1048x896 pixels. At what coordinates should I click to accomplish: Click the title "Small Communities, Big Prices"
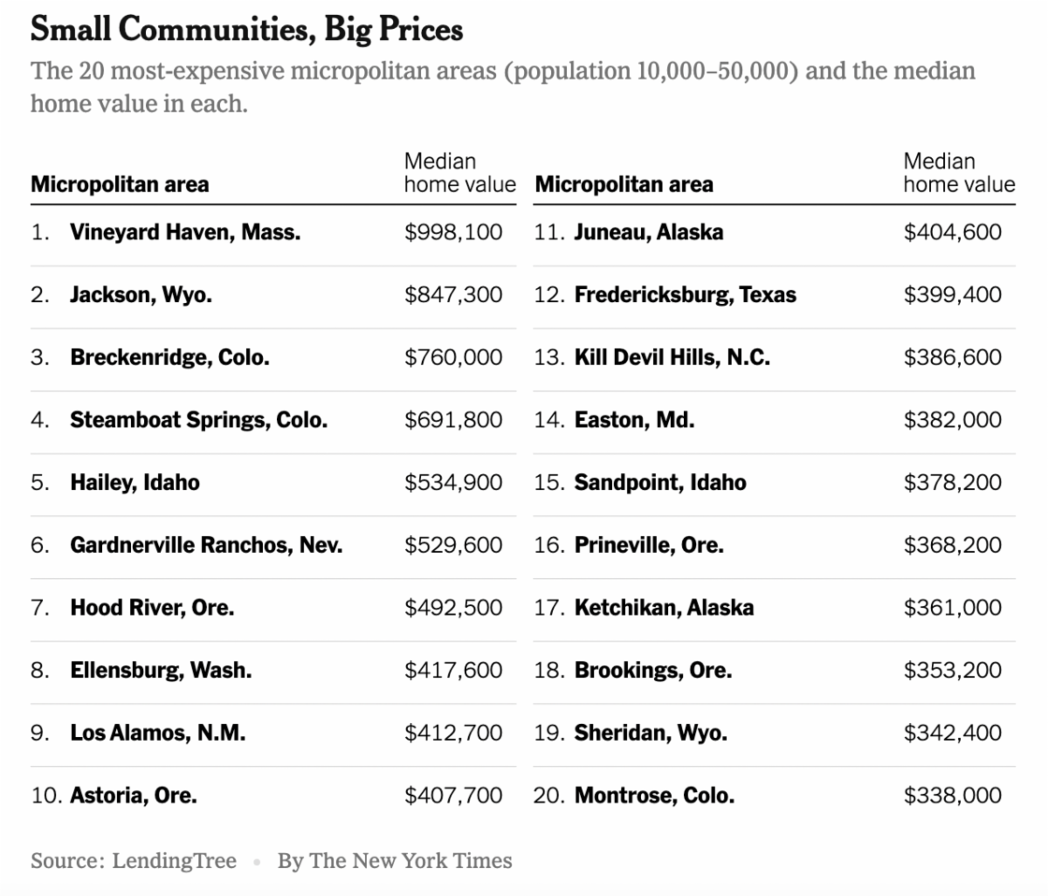click(246, 30)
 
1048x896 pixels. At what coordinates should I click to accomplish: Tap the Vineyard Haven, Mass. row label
click(185, 232)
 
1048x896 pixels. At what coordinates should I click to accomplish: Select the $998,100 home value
click(453, 232)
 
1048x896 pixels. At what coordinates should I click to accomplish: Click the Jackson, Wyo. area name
click(141, 295)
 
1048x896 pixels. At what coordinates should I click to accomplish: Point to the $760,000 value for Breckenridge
click(453, 358)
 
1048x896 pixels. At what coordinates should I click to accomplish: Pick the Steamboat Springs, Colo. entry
click(198, 420)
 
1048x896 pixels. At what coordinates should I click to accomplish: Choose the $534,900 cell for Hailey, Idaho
click(453, 483)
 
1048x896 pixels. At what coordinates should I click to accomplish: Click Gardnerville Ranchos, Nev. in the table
click(206, 546)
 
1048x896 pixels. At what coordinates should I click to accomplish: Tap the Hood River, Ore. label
click(152, 608)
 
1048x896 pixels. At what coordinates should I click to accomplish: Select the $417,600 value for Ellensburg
click(453, 671)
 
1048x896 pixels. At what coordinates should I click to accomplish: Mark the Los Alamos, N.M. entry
click(157, 734)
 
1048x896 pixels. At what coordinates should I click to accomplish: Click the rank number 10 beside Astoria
click(45, 796)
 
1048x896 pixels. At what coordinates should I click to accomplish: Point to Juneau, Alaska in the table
click(648, 232)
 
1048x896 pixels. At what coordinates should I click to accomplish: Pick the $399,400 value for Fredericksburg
click(952, 295)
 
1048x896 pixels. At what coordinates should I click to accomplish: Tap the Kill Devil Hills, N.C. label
click(672, 358)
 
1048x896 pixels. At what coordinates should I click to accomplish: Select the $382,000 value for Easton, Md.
click(952, 420)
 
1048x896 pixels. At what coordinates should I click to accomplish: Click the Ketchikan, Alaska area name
click(664, 608)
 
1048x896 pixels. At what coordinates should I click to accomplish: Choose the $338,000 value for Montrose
click(952, 796)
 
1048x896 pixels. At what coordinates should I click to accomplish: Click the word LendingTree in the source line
click(174, 861)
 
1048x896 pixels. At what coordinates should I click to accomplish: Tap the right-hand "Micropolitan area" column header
click(624, 184)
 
